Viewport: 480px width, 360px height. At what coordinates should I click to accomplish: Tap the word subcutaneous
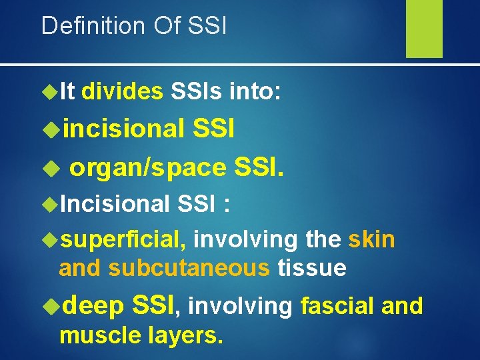(189, 267)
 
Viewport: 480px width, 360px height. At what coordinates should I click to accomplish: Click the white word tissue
(311, 267)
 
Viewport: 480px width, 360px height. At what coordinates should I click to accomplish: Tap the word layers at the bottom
(183, 335)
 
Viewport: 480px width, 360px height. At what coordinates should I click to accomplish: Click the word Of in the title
(161, 25)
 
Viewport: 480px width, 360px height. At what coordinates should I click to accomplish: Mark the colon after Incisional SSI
(227, 204)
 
